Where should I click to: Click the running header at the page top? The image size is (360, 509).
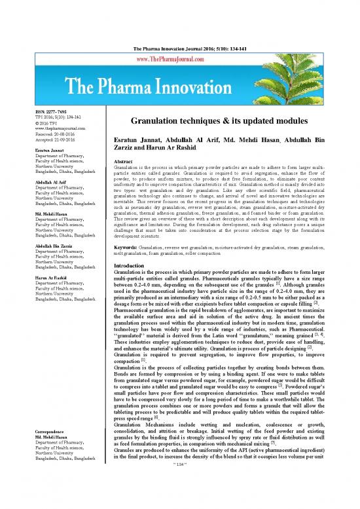(179, 13)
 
